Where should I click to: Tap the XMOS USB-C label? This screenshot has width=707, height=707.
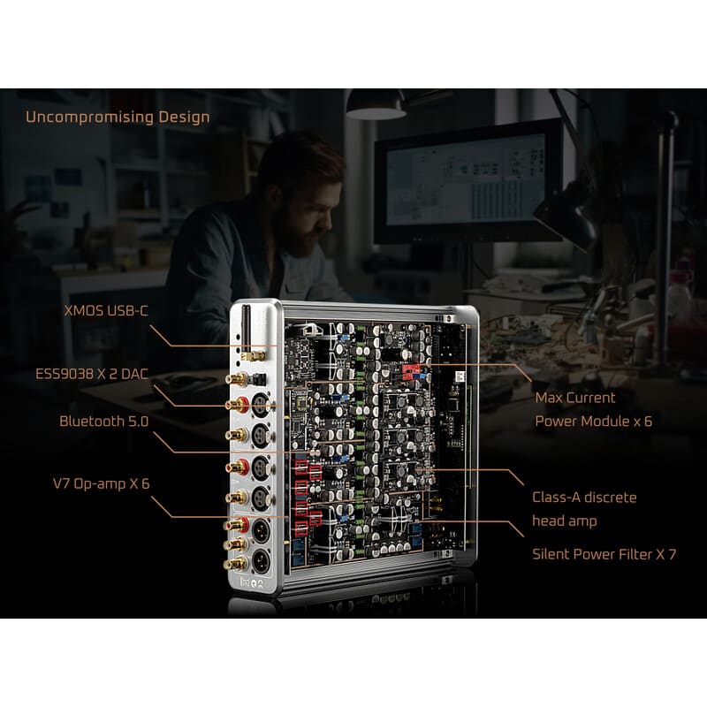106,311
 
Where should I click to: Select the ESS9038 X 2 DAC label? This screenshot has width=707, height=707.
92,374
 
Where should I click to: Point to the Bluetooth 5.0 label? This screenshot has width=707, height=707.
103,422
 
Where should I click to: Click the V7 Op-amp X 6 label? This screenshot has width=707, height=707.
101,483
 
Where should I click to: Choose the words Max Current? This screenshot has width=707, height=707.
575,398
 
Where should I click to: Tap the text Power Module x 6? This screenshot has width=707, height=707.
593,422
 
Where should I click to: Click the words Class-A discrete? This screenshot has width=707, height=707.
584,498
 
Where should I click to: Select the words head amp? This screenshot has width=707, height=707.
565,521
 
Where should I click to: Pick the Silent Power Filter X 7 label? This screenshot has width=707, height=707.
604,554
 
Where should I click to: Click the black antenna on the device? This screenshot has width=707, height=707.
247,328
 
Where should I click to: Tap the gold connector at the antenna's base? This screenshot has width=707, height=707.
253,356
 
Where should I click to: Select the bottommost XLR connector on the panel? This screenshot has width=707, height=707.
261,561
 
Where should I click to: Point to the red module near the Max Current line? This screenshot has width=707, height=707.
411,372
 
